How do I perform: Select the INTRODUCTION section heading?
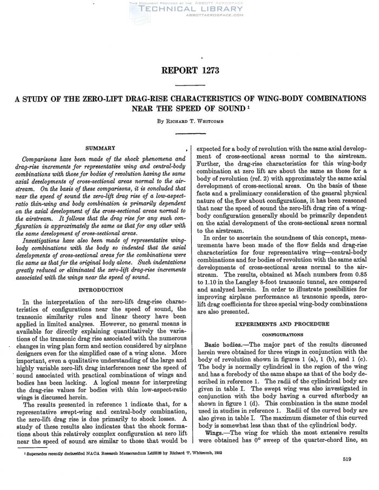[104, 290]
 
